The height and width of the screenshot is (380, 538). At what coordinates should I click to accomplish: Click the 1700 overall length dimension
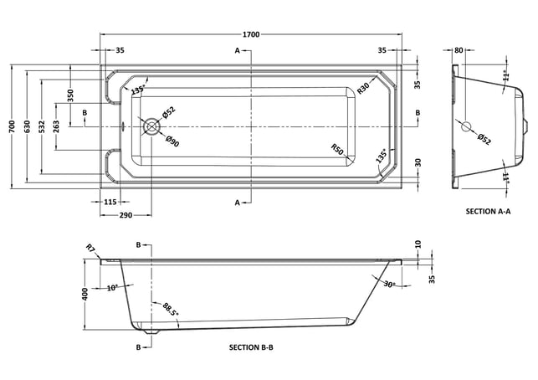tap(251, 34)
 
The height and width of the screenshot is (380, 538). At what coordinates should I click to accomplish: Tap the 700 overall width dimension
tap(13, 126)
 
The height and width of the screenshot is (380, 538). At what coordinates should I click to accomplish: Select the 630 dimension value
tap(27, 126)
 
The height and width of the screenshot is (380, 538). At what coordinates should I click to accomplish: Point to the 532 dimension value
tap(42, 126)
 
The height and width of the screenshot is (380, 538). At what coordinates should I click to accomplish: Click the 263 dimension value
tap(56, 126)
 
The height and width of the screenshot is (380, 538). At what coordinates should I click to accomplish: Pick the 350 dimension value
tap(70, 95)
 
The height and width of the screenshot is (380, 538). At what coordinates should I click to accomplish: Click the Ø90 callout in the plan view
tap(172, 141)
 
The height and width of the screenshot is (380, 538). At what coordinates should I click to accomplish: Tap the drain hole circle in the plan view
tap(151, 126)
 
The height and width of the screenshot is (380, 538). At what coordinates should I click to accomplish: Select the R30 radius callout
tap(363, 88)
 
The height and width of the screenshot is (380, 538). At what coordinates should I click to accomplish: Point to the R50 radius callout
tap(337, 149)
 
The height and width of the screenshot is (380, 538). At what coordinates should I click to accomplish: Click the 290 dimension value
tap(126, 215)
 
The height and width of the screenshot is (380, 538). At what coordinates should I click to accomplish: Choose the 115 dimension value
tap(110, 202)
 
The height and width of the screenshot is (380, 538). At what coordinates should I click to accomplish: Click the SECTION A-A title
tap(488, 212)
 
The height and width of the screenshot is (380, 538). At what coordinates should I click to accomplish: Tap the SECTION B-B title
tap(251, 347)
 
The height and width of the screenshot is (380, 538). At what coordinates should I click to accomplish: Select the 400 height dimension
tap(85, 294)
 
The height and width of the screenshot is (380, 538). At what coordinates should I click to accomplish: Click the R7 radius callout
tap(90, 248)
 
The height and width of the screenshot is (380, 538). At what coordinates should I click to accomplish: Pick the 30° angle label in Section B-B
tap(389, 285)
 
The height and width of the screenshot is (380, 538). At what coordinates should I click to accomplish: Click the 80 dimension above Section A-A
tap(459, 50)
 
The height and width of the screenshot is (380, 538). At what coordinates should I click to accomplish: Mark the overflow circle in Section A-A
tap(466, 126)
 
